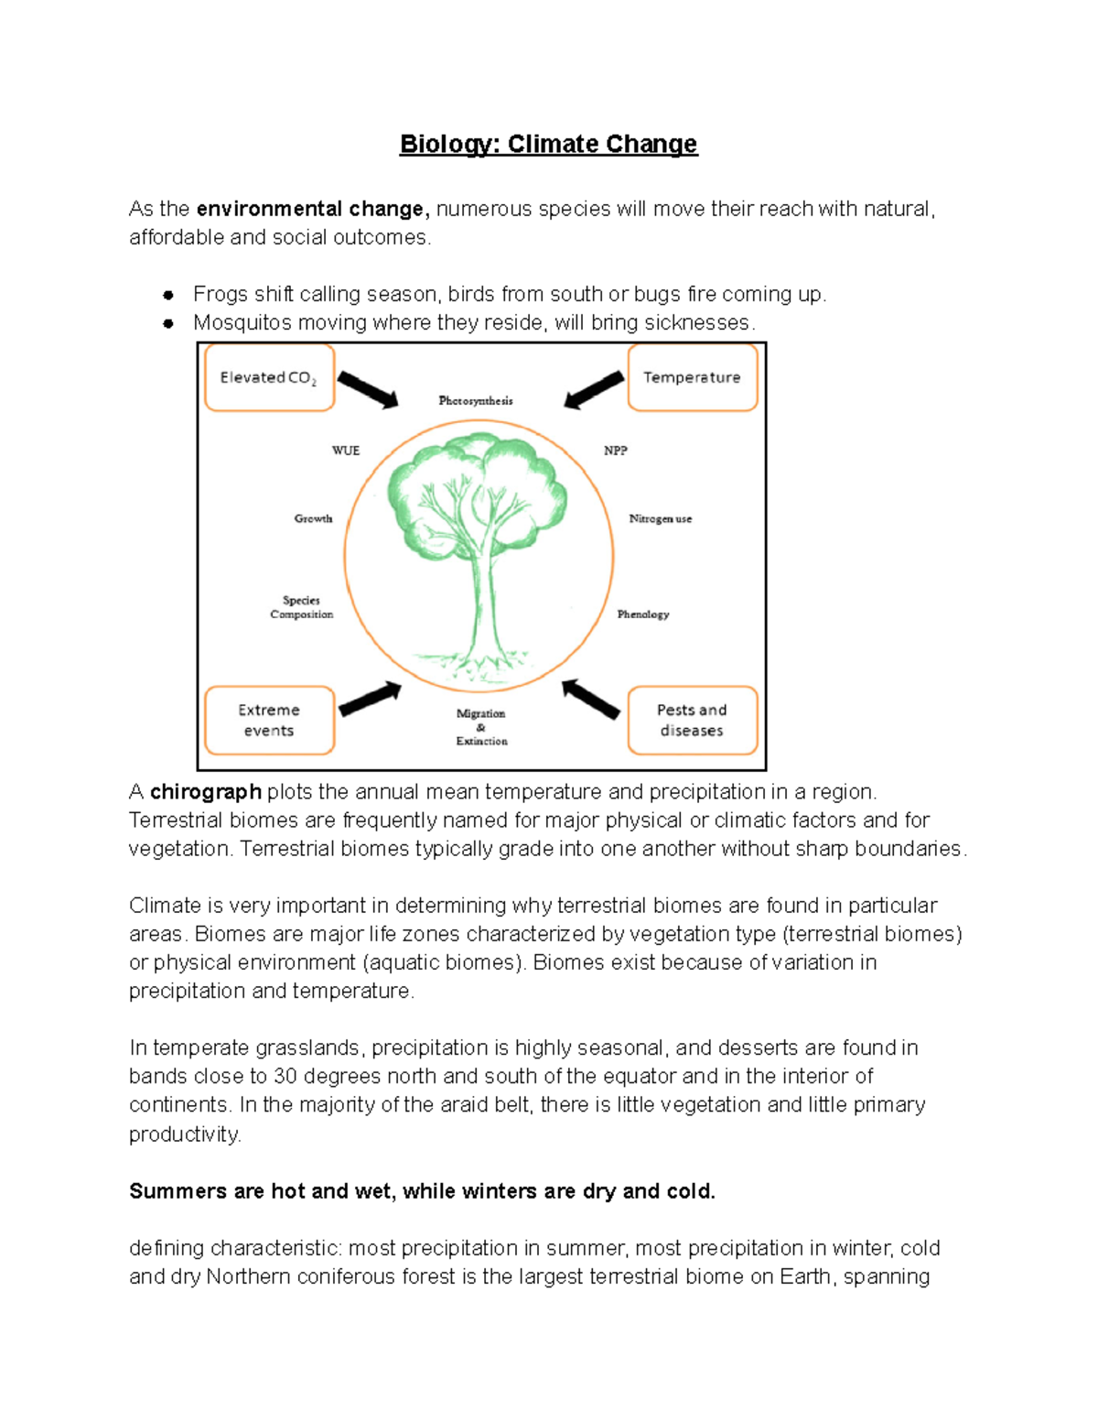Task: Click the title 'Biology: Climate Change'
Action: (548, 145)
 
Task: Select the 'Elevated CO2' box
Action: (269, 377)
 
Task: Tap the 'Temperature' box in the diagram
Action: (692, 377)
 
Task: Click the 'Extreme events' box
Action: (269, 721)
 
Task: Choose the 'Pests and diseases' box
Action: (692, 721)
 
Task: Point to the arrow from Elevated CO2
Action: (368, 390)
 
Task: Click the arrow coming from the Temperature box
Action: (595, 389)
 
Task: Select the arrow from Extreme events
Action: (371, 699)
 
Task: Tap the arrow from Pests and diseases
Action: (591, 699)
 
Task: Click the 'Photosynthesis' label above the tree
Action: (476, 401)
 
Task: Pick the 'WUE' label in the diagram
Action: (346, 450)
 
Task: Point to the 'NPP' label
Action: (616, 450)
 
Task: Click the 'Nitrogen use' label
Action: (661, 519)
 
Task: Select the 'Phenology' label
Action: (643, 614)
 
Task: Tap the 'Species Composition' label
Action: (301, 607)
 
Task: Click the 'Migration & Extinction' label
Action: (481, 727)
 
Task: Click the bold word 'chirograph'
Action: (206, 792)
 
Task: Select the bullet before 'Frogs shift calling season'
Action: (168, 295)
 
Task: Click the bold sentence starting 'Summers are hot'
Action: (422, 1191)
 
